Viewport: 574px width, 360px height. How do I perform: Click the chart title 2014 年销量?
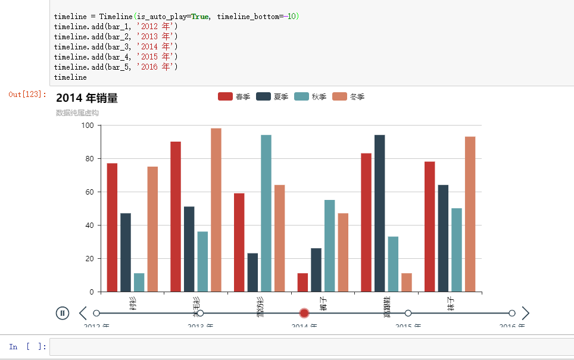tap(87, 99)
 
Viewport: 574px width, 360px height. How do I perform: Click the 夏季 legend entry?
tap(272, 96)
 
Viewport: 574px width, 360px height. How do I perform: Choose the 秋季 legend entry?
tap(310, 96)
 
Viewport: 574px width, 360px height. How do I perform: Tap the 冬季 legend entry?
tap(348, 96)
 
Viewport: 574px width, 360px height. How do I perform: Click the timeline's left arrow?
tap(83, 313)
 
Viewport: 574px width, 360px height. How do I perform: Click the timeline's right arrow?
tap(525, 313)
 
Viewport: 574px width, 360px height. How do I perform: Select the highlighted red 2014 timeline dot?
tap(304, 313)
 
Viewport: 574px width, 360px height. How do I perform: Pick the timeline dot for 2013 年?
tap(200, 313)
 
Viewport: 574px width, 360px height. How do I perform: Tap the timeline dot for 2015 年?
tap(408, 313)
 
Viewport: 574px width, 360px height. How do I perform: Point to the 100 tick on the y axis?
tap(88, 126)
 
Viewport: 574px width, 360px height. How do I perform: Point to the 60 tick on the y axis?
tap(89, 192)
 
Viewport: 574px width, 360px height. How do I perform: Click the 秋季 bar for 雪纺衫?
tap(266, 213)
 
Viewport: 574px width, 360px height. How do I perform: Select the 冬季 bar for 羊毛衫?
tap(216, 209)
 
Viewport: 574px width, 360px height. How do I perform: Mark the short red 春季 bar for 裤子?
tap(302, 283)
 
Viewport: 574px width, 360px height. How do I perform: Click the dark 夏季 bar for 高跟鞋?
tap(379, 213)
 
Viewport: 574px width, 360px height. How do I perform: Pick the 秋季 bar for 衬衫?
tap(139, 283)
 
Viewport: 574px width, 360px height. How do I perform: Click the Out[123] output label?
tap(27, 94)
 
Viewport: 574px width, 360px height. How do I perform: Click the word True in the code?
tap(199, 17)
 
